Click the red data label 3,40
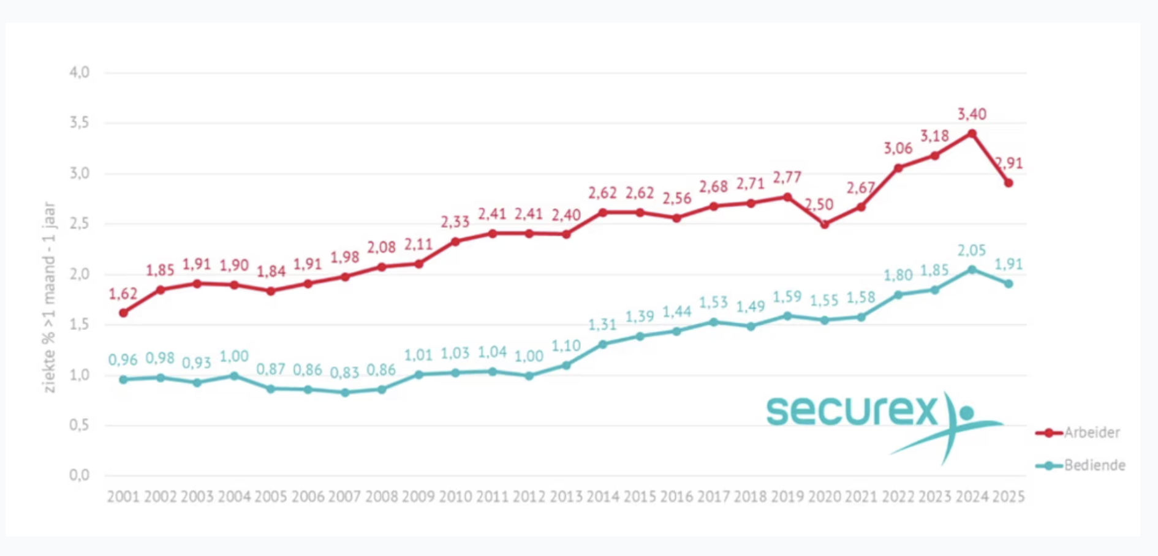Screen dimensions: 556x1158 972,114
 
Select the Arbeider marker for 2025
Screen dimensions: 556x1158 1009,183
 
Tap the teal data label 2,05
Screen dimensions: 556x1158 972,250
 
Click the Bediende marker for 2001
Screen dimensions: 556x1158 124,380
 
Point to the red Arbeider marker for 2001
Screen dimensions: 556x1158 124,313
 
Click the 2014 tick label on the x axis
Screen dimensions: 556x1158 603,497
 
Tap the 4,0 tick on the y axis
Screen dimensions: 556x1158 80,72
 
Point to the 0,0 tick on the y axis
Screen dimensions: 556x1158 80,475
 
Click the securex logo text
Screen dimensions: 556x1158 852,410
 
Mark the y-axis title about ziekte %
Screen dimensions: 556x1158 49,297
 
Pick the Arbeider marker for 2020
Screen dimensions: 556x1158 825,225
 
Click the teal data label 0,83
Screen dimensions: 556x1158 344,373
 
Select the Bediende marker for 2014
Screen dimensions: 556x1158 603,345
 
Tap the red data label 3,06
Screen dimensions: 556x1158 898,148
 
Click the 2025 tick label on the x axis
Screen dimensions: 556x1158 1009,497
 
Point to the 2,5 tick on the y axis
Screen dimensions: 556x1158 80,224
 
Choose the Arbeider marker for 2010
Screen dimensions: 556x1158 455,242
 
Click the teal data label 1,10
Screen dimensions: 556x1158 566,347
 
